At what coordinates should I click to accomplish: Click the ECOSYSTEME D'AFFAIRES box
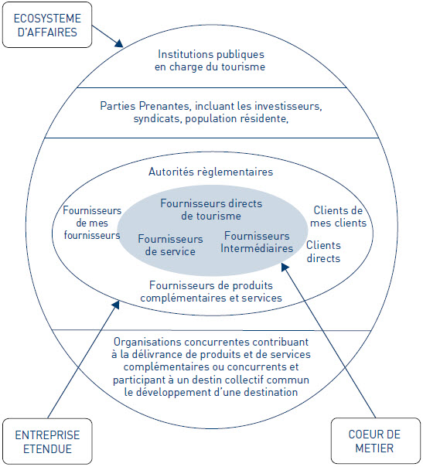pyautogui.click(x=47, y=25)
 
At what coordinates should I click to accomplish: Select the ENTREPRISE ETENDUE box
pyautogui.click(x=47, y=441)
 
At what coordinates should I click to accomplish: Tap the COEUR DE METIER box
pyautogui.click(x=376, y=441)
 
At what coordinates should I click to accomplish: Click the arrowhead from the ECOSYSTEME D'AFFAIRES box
pyautogui.click(x=119, y=43)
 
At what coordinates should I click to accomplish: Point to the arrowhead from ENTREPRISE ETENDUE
pyautogui.click(x=116, y=305)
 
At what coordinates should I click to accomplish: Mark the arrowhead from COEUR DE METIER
pyautogui.click(x=285, y=267)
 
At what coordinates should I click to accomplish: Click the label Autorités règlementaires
pyautogui.click(x=211, y=172)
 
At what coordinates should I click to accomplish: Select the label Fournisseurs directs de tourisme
pyautogui.click(x=211, y=210)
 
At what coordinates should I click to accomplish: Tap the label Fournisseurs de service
pyautogui.click(x=170, y=245)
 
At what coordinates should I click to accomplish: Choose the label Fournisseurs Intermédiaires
pyautogui.click(x=257, y=242)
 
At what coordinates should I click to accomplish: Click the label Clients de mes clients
pyautogui.click(x=338, y=216)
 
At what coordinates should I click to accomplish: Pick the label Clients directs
pyautogui.click(x=323, y=251)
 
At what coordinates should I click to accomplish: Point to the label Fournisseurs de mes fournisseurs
pyautogui.click(x=92, y=223)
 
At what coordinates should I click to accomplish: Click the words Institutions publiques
pyautogui.click(x=211, y=54)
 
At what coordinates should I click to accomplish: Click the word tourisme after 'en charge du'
pyautogui.click(x=243, y=66)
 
